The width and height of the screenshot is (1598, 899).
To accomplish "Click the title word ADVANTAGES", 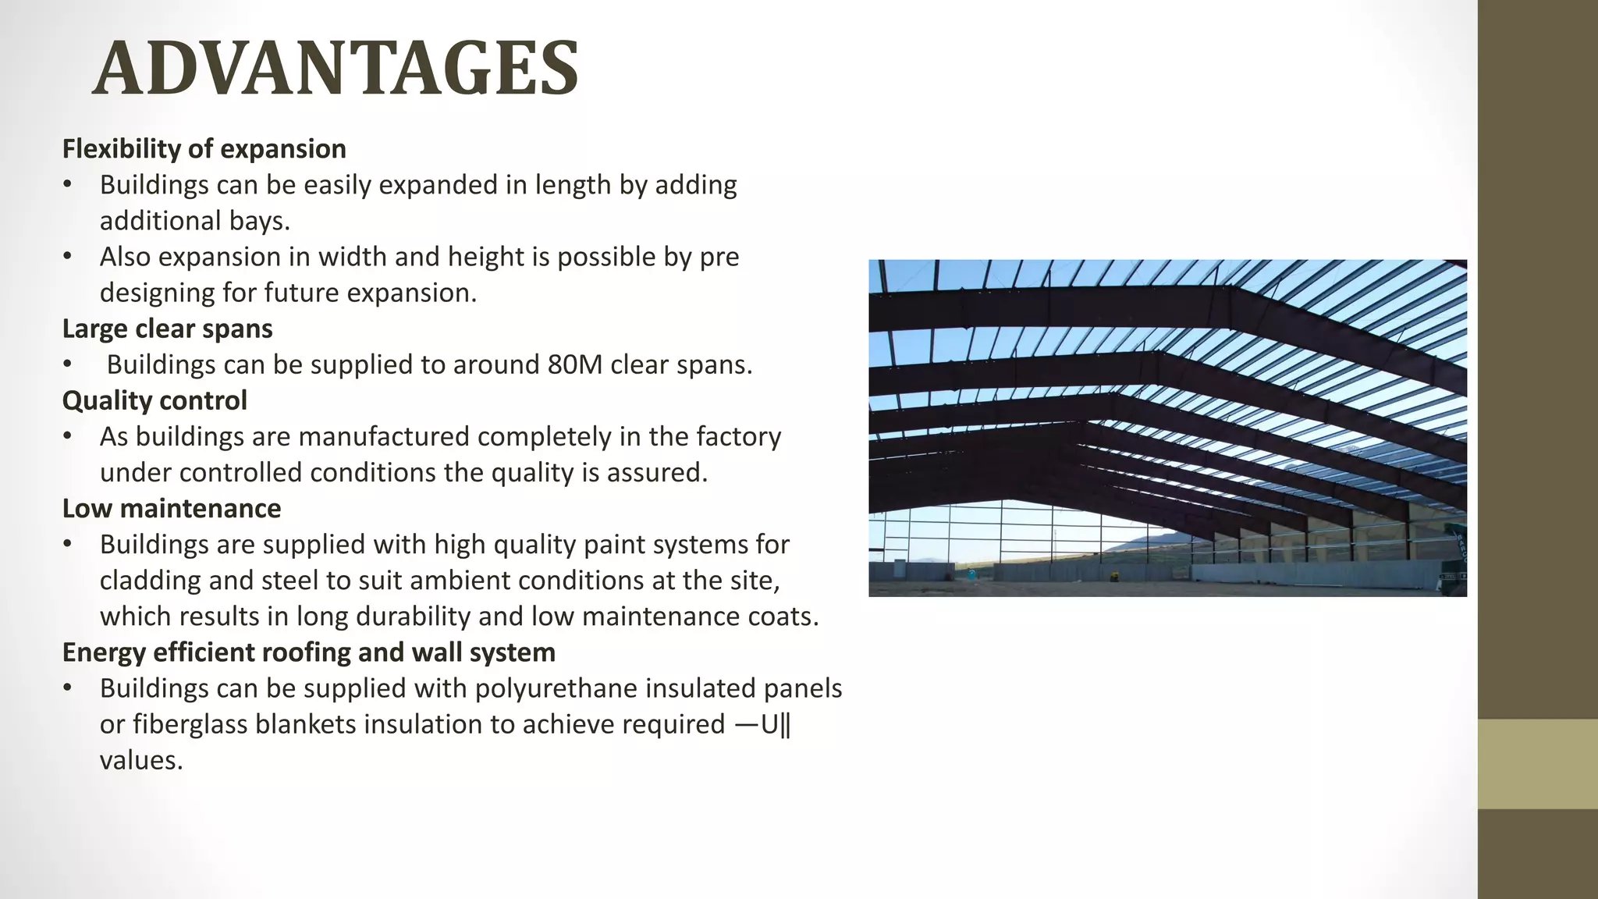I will pos(336,69).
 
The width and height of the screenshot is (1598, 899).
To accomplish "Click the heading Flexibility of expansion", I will pos(204,148).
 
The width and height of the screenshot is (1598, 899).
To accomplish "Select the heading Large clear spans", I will pos(167,329).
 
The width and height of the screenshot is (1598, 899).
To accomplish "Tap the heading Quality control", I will pos(154,400).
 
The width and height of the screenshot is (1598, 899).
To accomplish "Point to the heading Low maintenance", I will pos(171,508).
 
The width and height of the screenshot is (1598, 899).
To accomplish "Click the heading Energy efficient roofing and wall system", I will pos(308,652).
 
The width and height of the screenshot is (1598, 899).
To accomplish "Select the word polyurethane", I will pos(556,688).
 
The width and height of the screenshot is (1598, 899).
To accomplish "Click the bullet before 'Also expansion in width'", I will pos(68,257).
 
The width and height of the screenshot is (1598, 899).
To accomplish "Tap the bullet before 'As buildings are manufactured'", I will pos(68,436).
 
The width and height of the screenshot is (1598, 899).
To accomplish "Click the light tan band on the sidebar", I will pos(1537,763).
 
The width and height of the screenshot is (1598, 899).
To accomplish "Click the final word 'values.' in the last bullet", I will pos(141,760).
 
